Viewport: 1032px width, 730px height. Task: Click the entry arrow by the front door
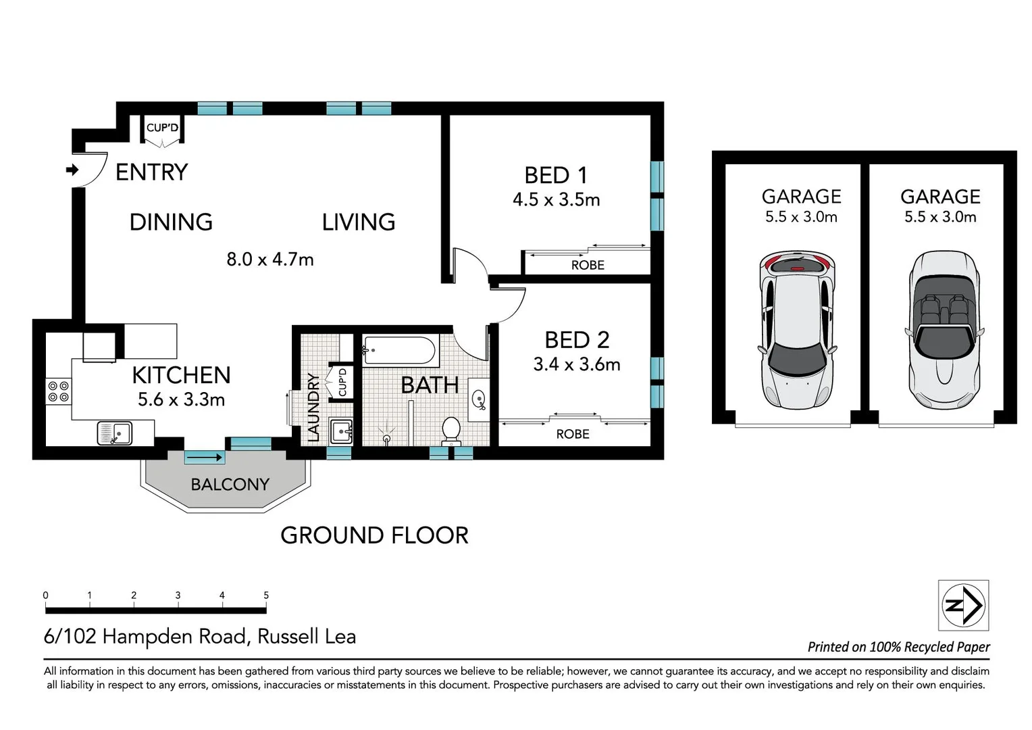pyautogui.click(x=72, y=170)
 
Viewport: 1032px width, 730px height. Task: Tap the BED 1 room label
pyautogui.click(x=556, y=176)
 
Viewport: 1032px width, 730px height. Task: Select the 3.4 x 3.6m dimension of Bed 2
pyautogui.click(x=577, y=365)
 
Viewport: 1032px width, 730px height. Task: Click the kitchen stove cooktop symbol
pyautogui.click(x=59, y=391)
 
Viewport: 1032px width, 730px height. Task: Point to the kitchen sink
pyautogui.click(x=115, y=433)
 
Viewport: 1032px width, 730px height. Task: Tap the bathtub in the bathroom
pyautogui.click(x=399, y=351)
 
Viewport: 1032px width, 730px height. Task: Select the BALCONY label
pyautogui.click(x=230, y=485)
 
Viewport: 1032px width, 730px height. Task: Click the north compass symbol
pyautogui.click(x=963, y=605)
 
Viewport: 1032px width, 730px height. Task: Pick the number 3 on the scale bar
pyautogui.click(x=178, y=595)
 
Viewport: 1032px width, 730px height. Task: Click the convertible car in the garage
pyautogui.click(x=944, y=330)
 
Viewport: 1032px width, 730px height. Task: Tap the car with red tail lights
pyautogui.click(x=797, y=330)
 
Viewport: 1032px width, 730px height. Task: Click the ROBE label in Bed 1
pyautogui.click(x=588, y=265)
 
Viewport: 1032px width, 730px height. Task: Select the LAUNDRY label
pyautogui.click(x=313, y=407)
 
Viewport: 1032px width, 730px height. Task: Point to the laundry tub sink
pyautogui.click(x=341, y=431)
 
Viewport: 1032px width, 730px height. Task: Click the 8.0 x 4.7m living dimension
pyautogui.click(x=270, y=260)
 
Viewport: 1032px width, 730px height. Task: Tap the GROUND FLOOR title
pyautogui.click(x=374, y=535)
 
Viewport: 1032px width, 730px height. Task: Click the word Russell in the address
pyautogui.click(x=288, y=637)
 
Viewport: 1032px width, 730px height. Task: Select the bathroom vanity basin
pyautogui.click(x=479, y=399)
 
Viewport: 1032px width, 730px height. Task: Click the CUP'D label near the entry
pyautogui.click(x=162, y=128)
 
